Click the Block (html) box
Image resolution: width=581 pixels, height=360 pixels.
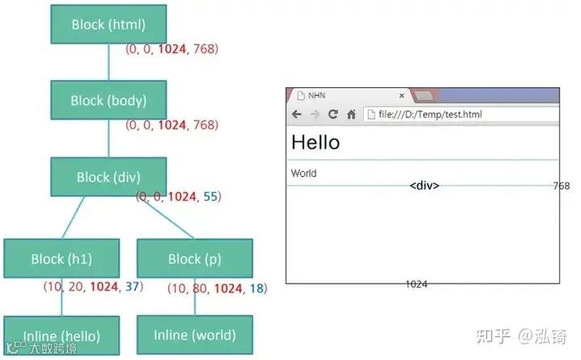coord(109,24)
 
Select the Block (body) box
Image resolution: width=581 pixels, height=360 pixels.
coord(109,101)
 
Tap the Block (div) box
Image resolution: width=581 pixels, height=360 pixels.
coord(109,177)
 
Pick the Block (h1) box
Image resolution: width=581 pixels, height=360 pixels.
coord(61,259)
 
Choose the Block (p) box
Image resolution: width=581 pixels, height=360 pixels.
coord(194,259)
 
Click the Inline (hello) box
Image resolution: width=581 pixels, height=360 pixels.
coord(61,336)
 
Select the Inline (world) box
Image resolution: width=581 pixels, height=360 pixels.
coord(194,334)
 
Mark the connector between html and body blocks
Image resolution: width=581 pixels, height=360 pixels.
coord(109,62)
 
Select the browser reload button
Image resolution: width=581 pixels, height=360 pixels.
coord(332,115)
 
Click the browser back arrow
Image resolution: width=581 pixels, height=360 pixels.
coord(296,115)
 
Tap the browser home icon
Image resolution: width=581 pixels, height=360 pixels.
coord(351,115)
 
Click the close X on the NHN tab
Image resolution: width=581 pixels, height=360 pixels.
coord(401,95)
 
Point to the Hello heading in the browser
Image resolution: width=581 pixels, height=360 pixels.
coord(316,143)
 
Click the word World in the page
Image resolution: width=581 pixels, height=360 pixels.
coord(304,174)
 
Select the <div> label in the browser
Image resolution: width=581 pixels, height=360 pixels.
coord(424,186)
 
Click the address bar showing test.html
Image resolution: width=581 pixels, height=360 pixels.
coord(460,115)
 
